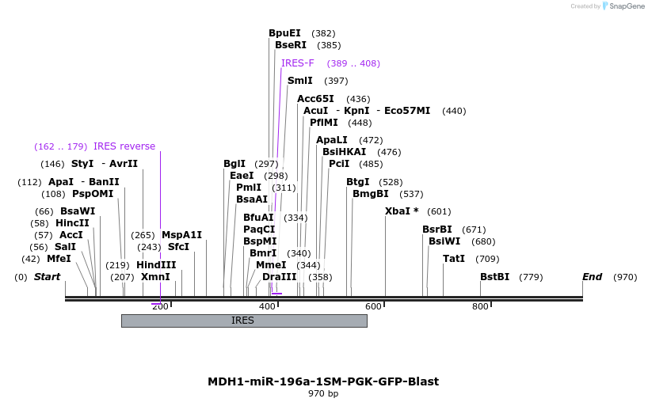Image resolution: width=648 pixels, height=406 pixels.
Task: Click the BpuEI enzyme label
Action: click(284, 33)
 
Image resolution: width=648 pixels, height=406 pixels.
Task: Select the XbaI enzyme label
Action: click(398, 211)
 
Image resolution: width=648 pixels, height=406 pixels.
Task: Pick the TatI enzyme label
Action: click(454, 259)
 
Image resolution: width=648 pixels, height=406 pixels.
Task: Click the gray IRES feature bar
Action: click(243, 321)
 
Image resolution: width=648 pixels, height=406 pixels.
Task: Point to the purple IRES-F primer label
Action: click(297, 63)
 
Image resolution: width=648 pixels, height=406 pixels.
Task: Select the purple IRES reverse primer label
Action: click(124, 146)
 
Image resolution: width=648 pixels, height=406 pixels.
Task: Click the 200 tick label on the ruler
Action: click(160, 307)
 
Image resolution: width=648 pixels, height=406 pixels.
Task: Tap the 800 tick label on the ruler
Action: click(480, 307)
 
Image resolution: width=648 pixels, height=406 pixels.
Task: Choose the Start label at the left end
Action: click(47, 277)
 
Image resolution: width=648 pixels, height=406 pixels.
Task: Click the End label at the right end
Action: click(592, 277)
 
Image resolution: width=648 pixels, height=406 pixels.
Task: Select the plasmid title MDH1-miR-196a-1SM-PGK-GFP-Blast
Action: click(323, 381)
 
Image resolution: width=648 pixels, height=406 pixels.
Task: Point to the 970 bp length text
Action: click(323, 393)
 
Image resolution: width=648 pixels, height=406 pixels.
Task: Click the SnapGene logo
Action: click(623, 6)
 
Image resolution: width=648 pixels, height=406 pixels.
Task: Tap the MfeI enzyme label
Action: click(59, 259)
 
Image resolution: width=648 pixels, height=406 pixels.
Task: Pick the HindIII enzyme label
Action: click(156, 265)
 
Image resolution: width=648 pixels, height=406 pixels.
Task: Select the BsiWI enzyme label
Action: click(444, 241)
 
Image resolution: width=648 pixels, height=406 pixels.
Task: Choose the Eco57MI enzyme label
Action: click(407, 111)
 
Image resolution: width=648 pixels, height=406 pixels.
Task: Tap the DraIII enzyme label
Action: click(279, 277)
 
